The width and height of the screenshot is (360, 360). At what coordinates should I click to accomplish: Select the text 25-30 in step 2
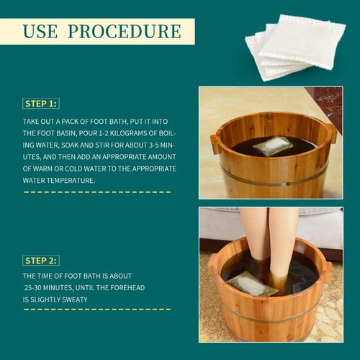37,286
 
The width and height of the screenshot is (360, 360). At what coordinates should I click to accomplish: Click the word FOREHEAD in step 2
135,286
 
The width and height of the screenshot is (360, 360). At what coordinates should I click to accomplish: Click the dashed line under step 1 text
97,192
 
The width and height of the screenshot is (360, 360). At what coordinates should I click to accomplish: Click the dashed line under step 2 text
97,309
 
